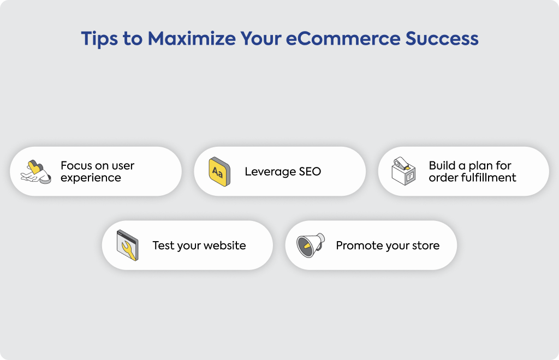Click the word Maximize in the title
tap(192, 39)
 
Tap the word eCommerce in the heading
tap(343, 39)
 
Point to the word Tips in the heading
tap(99, 39)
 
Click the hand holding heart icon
tap(35, 172)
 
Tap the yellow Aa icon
tap(219, 172)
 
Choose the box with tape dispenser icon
tap(403, 171)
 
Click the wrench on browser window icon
tap(127, 245)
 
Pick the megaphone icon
tap(311, 245)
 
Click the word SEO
tap(310, 172)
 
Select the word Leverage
tap(270, 172)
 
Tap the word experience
tap(91, 178)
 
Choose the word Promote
tap(357, 245)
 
